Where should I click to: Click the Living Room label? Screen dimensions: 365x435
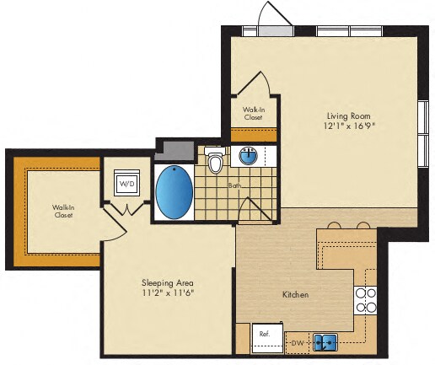pos(349,115)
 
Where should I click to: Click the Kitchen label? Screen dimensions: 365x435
pos(295,295)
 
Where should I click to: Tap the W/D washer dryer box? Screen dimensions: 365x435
pos(126,182)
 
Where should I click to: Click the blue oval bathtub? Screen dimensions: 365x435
pos(175,192)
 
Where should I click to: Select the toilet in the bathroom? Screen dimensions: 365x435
pos(216,160)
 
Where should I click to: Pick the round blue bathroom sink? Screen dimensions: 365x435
pos(250,156)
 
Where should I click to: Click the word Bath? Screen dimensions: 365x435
pos(234,186)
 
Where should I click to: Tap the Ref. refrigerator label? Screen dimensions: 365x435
pos(264,335)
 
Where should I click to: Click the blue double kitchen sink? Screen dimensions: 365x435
pos(325,341)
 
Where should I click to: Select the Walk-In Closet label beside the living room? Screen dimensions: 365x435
pos(253,114)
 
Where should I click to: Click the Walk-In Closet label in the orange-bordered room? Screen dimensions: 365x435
pos(62,211)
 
